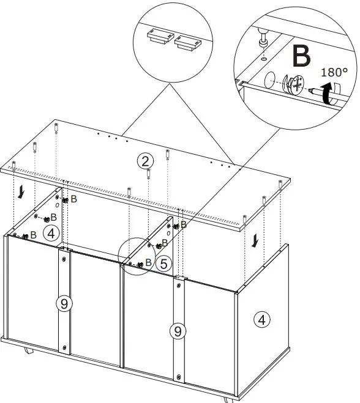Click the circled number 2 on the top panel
(x=144, y=161)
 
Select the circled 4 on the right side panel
(x=261, y=319)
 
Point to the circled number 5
(x=163, y=264)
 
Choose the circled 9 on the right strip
(x=177, y=331)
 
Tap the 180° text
(x=334, y=72)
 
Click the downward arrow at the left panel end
(x=22, y=193)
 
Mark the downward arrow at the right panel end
(x=253, y=243)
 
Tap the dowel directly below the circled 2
(x=149, y=174)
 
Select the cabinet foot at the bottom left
(x=28, y=352)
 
